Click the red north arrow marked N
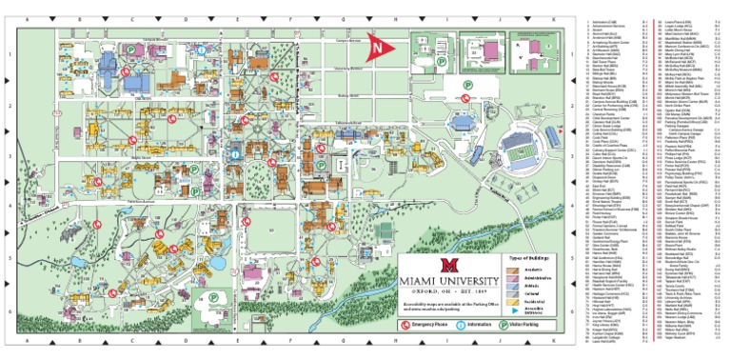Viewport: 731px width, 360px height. (380, 46)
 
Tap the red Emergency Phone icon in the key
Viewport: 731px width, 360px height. (405, 324)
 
